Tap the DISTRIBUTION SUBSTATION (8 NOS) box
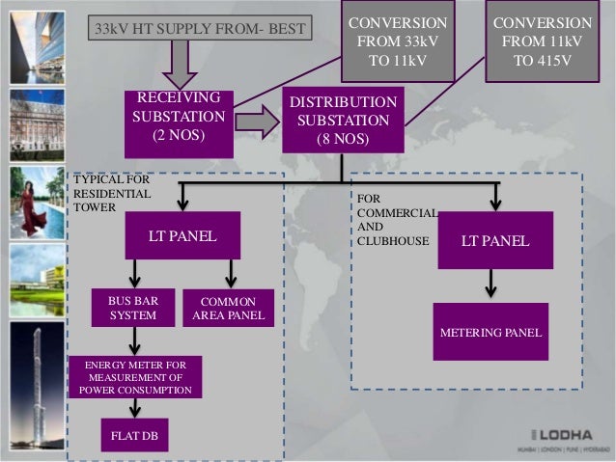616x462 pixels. pos(343,122)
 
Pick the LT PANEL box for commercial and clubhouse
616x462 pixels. pos(494,240)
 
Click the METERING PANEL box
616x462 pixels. pos(490,332)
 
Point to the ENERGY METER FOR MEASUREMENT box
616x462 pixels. pos(135,377)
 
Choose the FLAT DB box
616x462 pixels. pos(135,436)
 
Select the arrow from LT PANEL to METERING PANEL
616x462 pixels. pos(491,285)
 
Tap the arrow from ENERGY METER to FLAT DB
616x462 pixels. pos(135,408)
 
